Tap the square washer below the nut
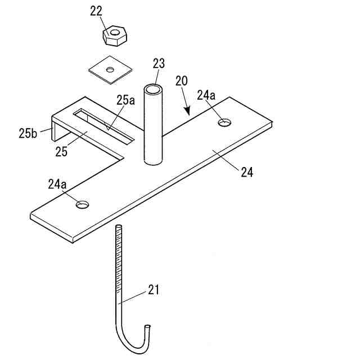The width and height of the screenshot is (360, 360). click(110, 70)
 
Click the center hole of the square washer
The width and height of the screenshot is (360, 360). click(110, 70)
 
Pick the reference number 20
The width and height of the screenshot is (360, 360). click(181, 80)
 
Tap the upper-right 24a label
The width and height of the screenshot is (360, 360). click(206, 96)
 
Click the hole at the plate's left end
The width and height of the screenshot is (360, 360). click(83, 204)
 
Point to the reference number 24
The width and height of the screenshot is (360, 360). click(247, 173)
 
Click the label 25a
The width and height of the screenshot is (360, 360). click(125, 100)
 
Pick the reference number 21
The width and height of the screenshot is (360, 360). click(154, 290)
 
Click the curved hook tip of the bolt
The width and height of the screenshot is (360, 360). click(148, 327)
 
